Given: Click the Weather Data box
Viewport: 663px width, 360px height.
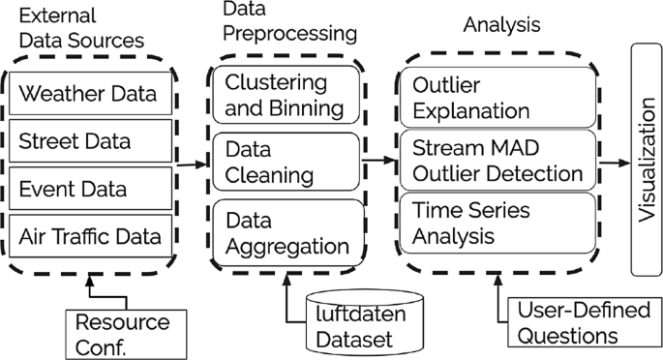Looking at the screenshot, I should point(94,95).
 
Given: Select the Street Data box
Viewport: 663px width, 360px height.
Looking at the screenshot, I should point(94,140).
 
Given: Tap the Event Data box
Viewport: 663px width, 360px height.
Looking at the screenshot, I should point(94,186).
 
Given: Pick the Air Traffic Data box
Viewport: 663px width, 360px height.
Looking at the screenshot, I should point(94,232).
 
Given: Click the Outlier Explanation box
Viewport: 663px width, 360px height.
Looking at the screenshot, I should point(497,97).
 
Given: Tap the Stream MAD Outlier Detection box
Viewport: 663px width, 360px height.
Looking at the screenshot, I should point(497,162).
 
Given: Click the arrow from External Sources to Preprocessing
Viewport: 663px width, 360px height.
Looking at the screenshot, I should point(194,164).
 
